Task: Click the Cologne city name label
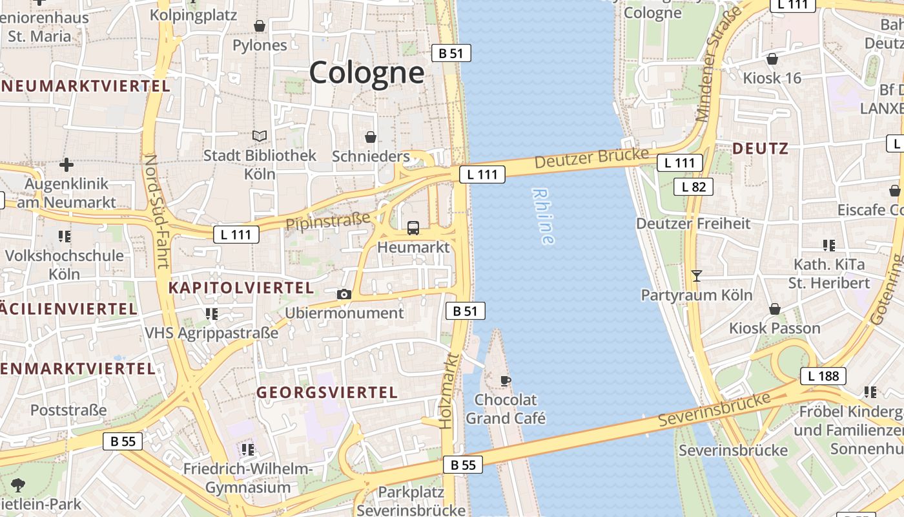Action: coord(367,72)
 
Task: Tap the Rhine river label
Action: coord(544,216)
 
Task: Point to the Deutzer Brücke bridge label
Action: coord(591,158)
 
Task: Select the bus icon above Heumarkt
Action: coord(413,228)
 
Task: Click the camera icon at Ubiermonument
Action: coord(344,295)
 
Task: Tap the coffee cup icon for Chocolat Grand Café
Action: coord(506,381)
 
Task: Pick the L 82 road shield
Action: coord(693,187)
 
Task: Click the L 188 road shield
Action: coord(823,376)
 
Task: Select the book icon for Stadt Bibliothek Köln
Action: coord(260,136)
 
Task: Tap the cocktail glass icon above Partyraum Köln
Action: coord(696,276)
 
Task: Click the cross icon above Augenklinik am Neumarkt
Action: coord(66,165)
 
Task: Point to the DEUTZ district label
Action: coord(760,149)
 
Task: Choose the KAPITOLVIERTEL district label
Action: coord(241,288)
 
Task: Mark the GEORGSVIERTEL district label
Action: coord(327,392)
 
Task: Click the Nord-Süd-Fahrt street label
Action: coord(156,211)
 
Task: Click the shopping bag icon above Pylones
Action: coord(259,26)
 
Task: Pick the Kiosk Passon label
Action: coord(774,328)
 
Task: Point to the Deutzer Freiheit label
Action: coord(693,224)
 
